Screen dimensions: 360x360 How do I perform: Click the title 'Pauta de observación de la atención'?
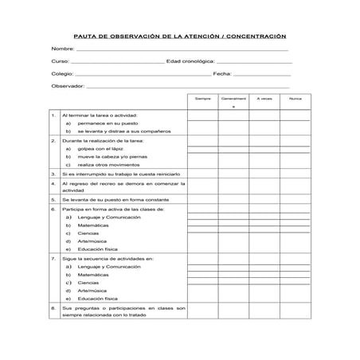[x=179, y=36]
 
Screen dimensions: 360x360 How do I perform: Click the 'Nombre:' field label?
[x=62, y=49]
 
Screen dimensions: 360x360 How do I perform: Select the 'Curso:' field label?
[x=60, y=61]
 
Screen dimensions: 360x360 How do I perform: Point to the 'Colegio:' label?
[x=62, y=73]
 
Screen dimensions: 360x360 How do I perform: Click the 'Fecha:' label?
[x=221, y=73]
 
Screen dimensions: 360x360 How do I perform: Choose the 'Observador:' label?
[x=67, y=85]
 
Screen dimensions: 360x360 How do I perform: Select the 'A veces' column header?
[x=264, y=98]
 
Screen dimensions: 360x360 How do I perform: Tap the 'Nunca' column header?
[x=295, y=98]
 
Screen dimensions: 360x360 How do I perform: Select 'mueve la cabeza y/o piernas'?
[x=112, y=156]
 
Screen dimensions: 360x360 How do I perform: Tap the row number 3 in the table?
[x=53, y=173]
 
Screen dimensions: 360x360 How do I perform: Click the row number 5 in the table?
[x=53, y=198]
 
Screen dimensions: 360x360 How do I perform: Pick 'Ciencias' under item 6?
[x=88, y=233]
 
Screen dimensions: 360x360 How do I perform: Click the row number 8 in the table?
[x=53, y=307]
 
